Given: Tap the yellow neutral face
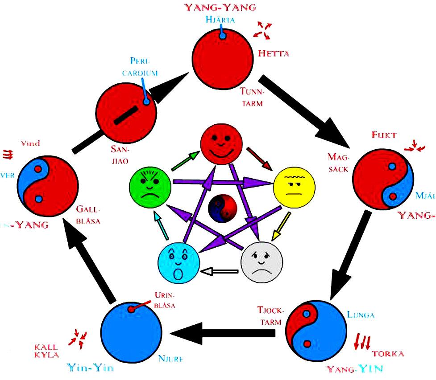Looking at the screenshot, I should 293,186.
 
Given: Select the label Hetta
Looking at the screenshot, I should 274,53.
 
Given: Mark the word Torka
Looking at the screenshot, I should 388,354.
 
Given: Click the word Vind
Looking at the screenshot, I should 30,143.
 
